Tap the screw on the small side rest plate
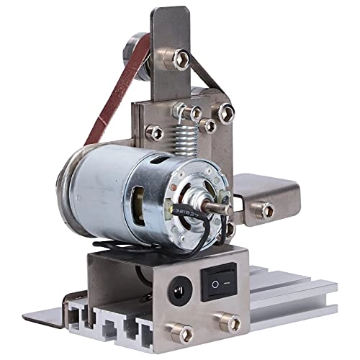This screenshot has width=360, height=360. [x=265, y=210]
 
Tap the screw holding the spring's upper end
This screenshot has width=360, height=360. [x=193, y=112]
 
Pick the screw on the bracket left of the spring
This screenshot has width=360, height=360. [x=154, y=132]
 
